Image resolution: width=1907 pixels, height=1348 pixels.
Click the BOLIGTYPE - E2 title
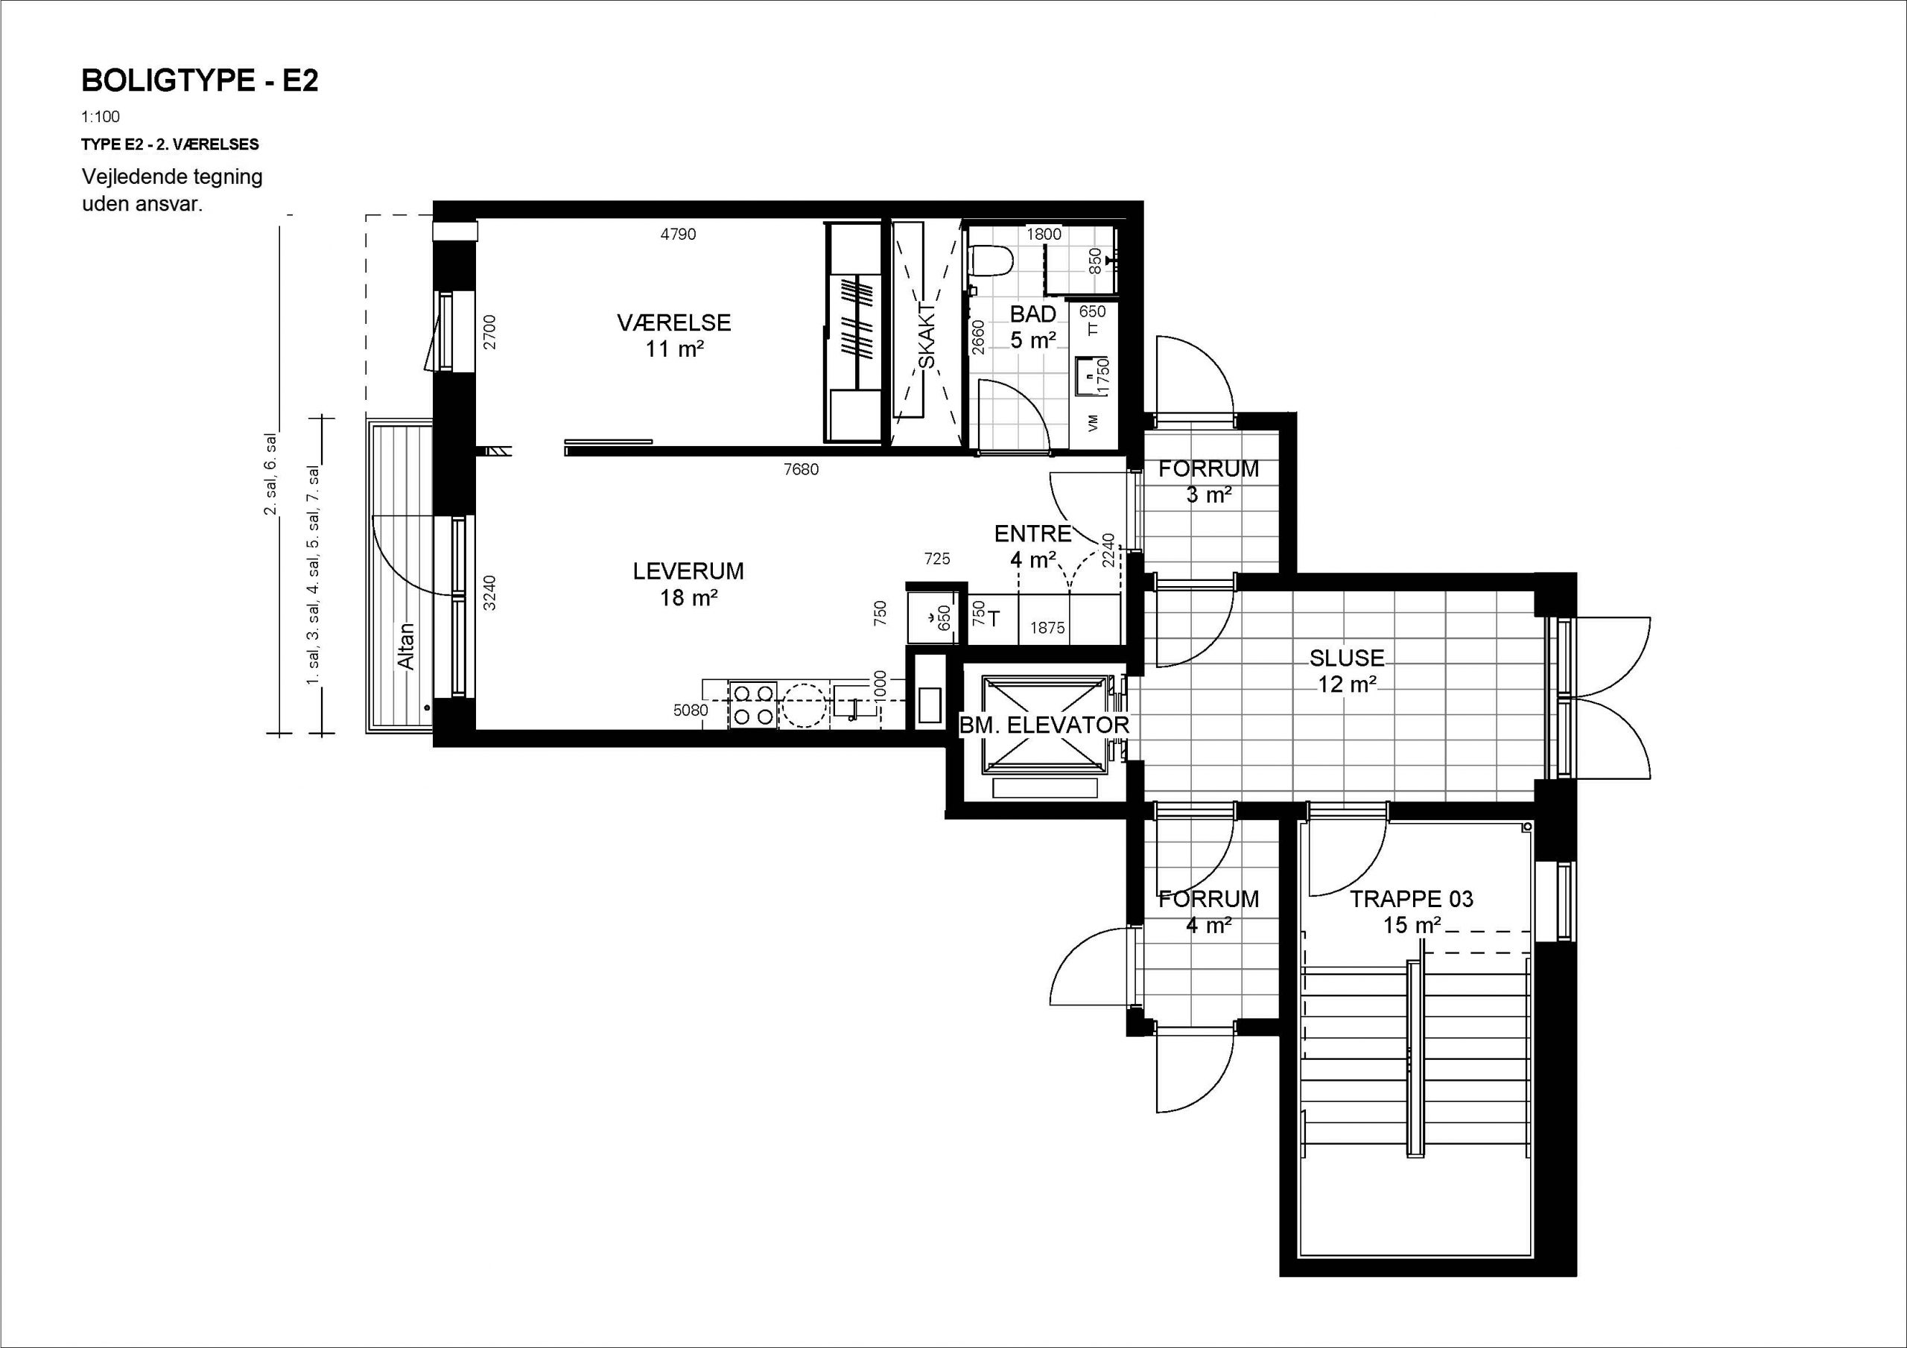[200, 80]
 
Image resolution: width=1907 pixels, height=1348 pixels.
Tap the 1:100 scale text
[101, 117]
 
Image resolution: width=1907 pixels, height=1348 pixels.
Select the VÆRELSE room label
[673, 322]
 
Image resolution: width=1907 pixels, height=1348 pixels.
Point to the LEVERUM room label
[688, 571]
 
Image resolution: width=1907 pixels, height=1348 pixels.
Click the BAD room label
[1033, 314]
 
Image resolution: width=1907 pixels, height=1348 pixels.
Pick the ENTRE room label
[1033, 533]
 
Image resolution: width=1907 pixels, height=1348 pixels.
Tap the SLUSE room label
[1346, 658]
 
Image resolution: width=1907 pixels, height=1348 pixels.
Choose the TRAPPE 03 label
[1411, 899]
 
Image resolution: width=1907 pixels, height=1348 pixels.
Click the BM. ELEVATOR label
[1044, 725]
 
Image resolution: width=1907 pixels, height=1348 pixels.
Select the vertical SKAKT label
[927, 336]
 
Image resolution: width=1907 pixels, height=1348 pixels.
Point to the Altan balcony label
[405, 647]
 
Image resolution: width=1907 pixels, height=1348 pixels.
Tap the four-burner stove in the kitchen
[753, 705]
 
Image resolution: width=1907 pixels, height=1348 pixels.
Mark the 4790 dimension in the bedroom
[678, 234]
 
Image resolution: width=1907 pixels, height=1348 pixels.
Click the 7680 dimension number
[801, 469]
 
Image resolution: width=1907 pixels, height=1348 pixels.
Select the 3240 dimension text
[490, 593]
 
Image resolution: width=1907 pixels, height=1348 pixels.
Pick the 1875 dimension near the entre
[1047, 628]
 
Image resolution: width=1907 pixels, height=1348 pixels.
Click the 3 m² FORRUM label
[1208, 482]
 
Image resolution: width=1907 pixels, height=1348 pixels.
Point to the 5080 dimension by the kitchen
[691, 711]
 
